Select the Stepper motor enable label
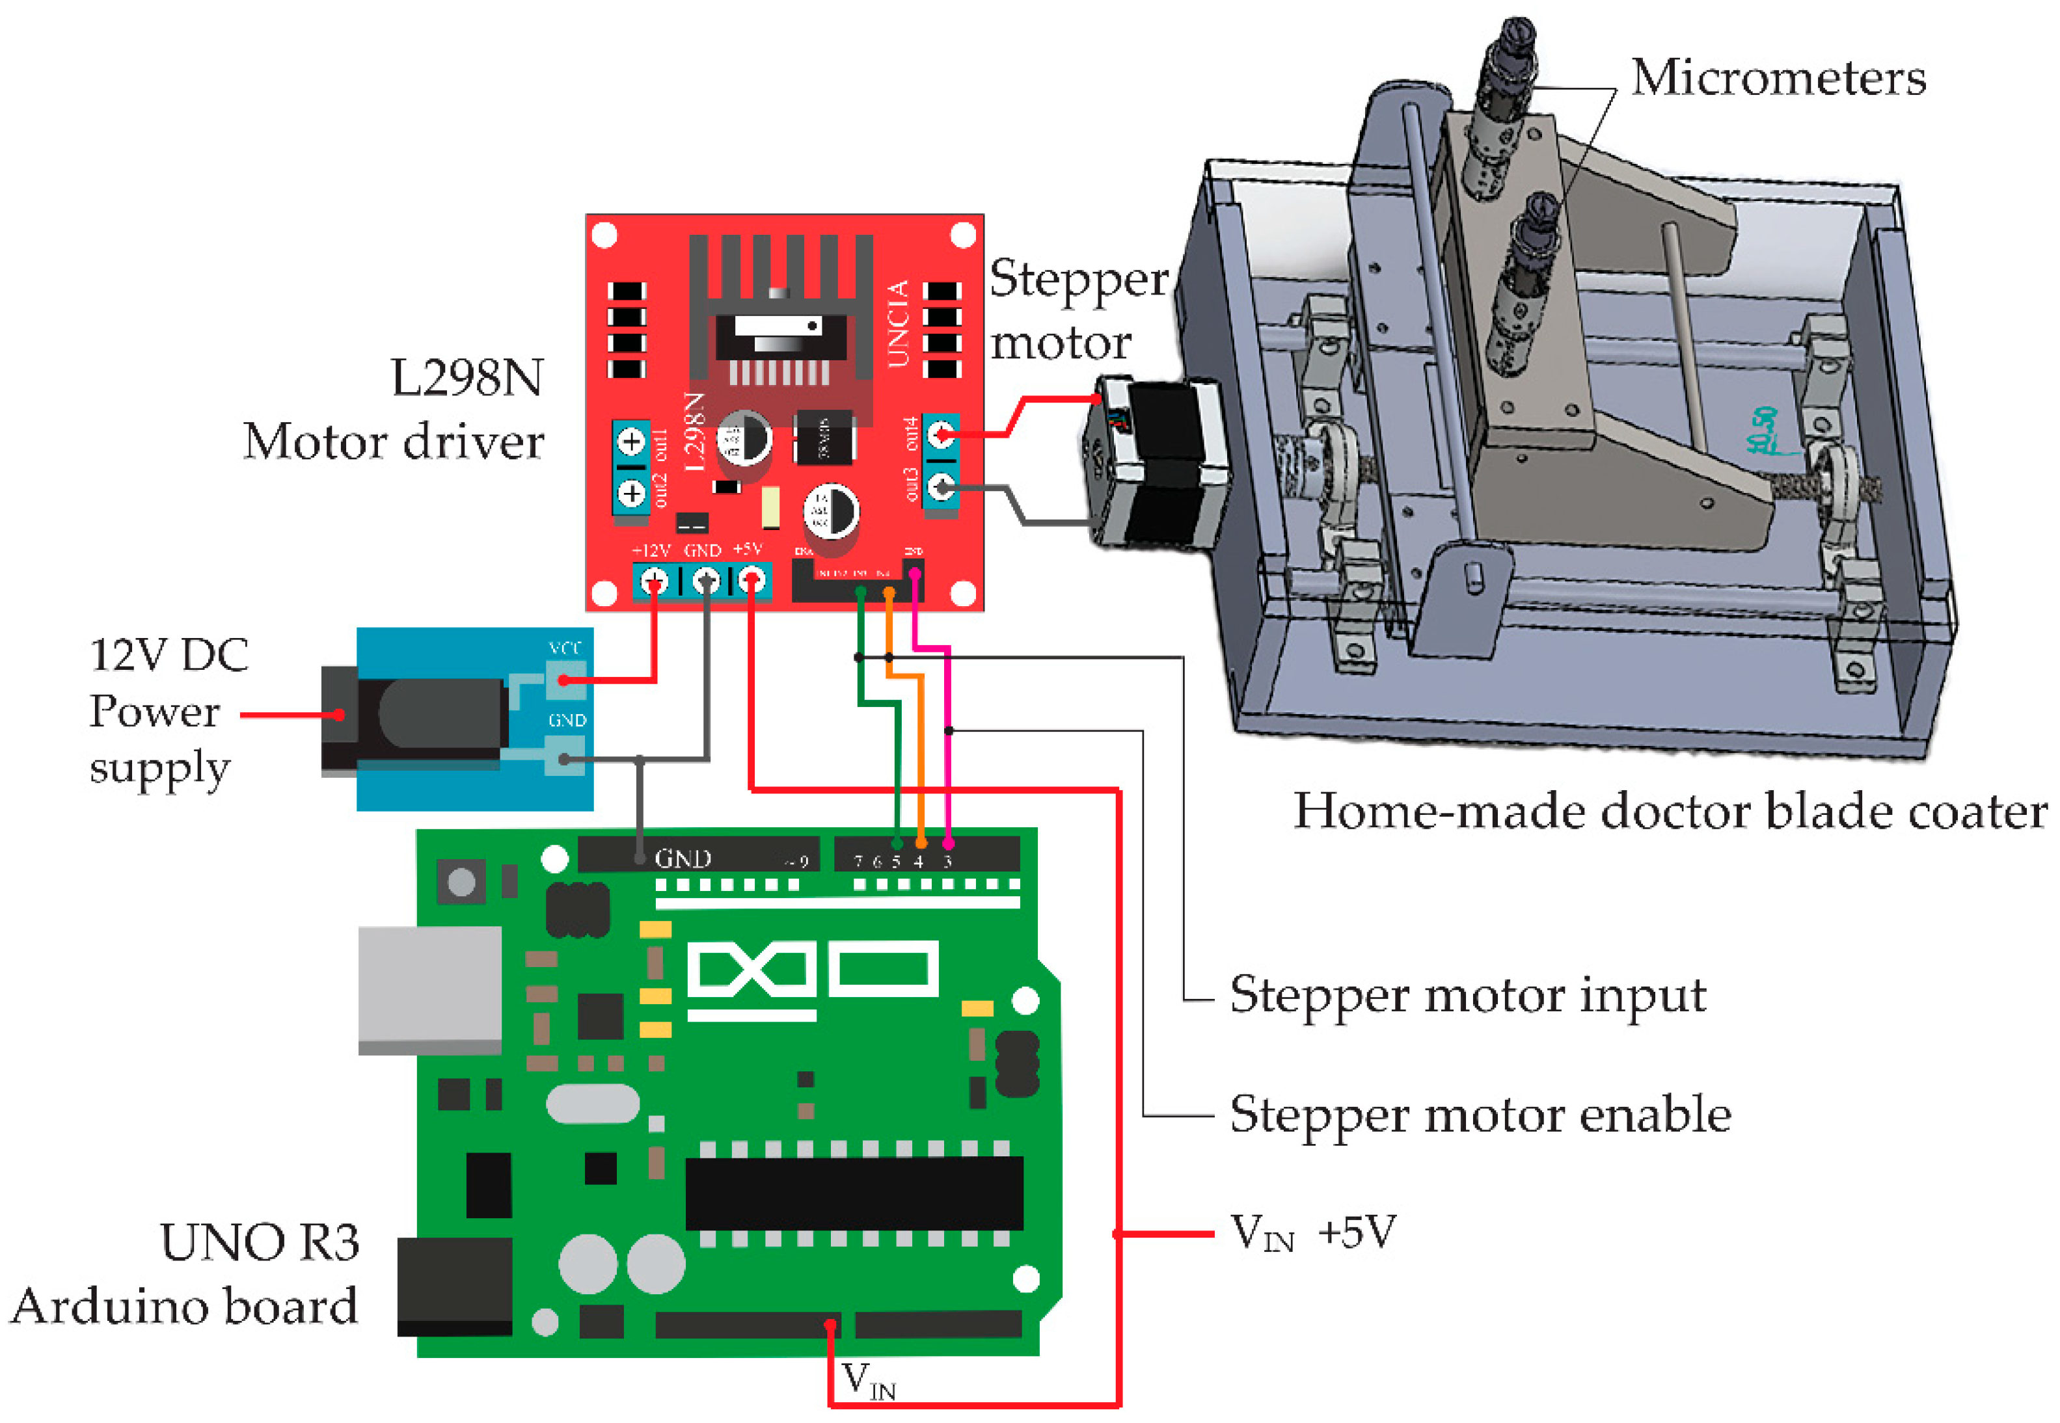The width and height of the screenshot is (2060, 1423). (x=1480, y=1115)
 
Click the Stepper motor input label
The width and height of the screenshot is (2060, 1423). (x=1467, y=994)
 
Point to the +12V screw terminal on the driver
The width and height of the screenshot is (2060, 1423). (x=655, y=581)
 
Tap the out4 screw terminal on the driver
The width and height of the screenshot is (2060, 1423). (x=941, y=435)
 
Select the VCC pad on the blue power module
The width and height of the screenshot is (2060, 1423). (x=565, y=680)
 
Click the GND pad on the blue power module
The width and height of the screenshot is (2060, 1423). (x=565, y=759)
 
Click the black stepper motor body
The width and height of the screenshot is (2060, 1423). (x=1159, y=464)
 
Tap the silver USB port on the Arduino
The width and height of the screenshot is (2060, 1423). (x=430, y=990)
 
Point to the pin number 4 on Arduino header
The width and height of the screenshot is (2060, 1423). (x=919, y=861)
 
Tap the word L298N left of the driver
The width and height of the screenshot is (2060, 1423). (x=467, y=378)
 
